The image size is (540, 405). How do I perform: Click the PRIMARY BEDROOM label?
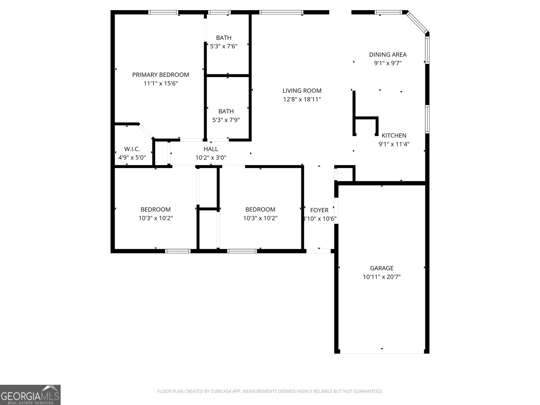pyautogui.click(x=160, y=75)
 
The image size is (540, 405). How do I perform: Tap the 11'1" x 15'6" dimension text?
pyautogui.click(x=160, y=83)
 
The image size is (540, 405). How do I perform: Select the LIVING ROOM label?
pyautogui.click(x=302, y=90)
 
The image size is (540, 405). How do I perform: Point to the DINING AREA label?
pyautogui.click(x=387, y=54)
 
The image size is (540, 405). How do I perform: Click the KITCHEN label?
pyautogui.click(x=394, y=135)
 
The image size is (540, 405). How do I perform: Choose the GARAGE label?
pyautogui.click(x=381, y=268)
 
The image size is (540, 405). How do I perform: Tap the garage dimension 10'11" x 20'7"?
pyautogui.click(x=381, y=277)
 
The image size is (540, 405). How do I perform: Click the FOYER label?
pyautogui.click(x=319, y=210)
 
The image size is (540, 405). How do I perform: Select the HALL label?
pyautogui.click(x=211, y=149)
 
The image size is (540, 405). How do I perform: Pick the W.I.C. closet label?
pyautogui.click(x=132, y=149)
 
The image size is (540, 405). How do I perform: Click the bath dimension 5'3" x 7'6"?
pyautogui.click(x=223, y=46)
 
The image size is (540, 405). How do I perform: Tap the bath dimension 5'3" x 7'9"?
pyautogui.click(x=226, y=120)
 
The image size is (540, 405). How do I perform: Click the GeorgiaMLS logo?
pyautogui.click(x=30, y=395)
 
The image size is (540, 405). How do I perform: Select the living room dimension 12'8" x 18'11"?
pyautogui.click(x=302, y=99)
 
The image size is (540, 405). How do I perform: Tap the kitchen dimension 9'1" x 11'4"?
pyautogui.click(x=394, y=144)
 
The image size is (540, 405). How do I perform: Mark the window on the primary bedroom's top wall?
pyautogui.click(x=163, y=12)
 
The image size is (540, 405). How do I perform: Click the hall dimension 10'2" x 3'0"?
pyautogui.click(x=211, y=158)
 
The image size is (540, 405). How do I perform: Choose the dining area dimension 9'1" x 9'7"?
pyautogui.click(x=387, y=63)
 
